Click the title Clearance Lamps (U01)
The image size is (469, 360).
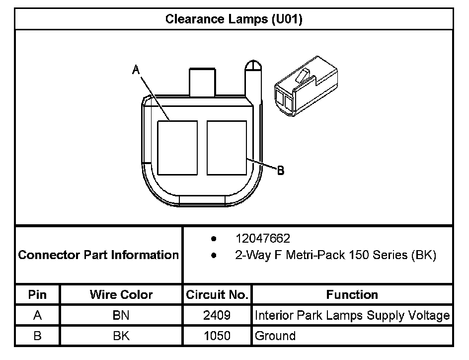[x=234, y=19]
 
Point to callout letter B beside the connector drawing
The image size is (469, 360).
[x=280, y=170]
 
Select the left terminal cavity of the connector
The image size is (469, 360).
[x=177, y=147]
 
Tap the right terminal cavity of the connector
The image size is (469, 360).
[x=227, y=147]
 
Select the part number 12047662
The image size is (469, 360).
[x=263, y=238]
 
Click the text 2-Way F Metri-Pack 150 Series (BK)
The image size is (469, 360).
[x=335, y=256]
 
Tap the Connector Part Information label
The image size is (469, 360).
[x=98, y=255]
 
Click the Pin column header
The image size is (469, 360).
[x=38, y=294]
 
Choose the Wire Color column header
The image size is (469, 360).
[x=121, y=294]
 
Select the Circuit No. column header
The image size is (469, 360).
[x=217, y=294]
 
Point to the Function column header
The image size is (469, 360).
[x=352, y=294]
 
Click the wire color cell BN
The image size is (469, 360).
[x=121, y=315]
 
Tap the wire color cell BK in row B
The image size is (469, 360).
[x=121, y=336]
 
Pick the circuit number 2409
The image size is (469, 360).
[x=217, y=315]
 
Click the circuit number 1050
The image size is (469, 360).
[x=217, y=336]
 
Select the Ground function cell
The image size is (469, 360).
[x=275, y=336]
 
